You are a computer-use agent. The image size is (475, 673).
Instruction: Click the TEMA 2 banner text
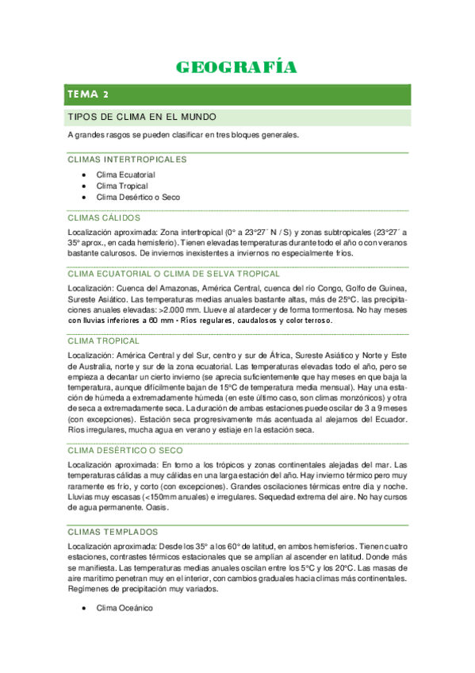pos(89,94)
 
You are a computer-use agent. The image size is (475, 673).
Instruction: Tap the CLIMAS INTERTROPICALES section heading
pos(128,160)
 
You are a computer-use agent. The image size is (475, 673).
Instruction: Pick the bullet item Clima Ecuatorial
pos(125,174)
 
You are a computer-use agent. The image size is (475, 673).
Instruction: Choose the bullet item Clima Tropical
pos(122,186)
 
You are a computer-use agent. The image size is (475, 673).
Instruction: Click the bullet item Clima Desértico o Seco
pos(138,197)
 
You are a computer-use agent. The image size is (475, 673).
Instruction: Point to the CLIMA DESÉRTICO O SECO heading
pos(125,449)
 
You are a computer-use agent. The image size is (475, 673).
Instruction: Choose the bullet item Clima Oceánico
pos(124,608)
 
